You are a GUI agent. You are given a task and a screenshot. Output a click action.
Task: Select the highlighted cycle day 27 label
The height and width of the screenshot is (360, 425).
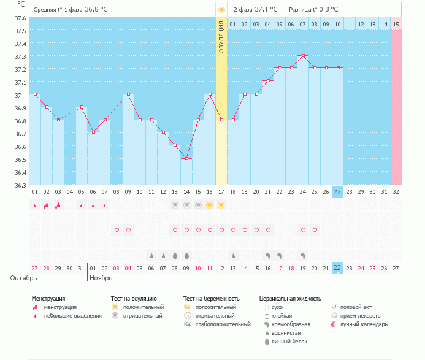[x=337, y=192]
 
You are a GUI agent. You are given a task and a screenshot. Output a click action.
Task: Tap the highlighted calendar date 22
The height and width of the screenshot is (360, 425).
[x=337, y=267]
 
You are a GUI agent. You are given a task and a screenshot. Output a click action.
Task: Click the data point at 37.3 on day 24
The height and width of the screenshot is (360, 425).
[x=302, y=56]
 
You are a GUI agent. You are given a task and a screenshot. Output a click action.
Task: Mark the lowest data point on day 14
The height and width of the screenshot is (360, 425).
[x=186, y=158]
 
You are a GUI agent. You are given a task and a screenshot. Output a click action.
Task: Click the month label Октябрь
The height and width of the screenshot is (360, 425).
[x=23, y=278]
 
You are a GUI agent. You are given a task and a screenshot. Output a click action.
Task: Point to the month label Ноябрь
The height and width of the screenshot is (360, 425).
[x=102, y=278]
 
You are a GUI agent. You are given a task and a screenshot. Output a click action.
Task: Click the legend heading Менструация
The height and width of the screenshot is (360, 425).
[x=48, y=299]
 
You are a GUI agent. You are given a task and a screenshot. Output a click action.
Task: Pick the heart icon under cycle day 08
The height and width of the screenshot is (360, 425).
[x=117, y=230]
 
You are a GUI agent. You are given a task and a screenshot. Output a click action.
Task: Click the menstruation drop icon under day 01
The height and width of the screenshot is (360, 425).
[x=35, y=205]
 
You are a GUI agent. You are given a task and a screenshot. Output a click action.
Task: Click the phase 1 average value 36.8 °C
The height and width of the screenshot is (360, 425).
[x=100, y=10]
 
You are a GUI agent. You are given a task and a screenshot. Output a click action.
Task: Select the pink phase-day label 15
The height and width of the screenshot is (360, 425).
[x=396, y=24]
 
